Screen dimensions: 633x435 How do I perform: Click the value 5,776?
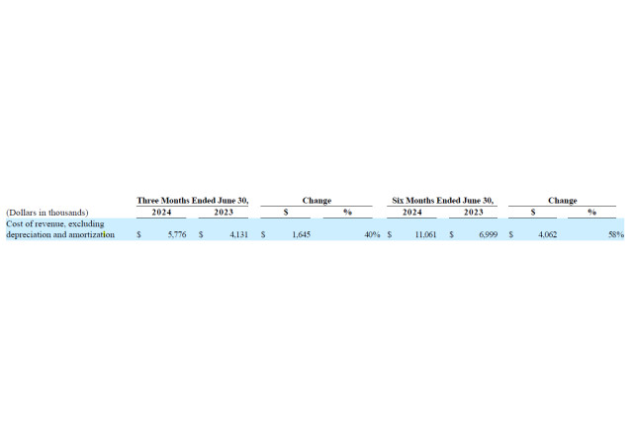(177, 234)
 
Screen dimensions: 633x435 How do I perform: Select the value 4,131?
(239, 234)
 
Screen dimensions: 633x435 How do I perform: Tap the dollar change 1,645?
(301, 234)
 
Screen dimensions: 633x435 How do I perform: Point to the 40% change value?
(372, 234)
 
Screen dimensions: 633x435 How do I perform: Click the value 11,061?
(426, 234)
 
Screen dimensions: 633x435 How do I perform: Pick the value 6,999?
(488, 234)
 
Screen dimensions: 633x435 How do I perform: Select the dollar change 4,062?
(547, 234)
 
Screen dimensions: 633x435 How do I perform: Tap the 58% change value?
(616, 234)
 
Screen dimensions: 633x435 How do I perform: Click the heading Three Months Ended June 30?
(193, 201)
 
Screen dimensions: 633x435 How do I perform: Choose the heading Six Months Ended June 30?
(442, 201)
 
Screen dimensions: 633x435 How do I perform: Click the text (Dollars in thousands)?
(47, 213)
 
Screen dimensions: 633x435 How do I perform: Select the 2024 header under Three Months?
(161, 213)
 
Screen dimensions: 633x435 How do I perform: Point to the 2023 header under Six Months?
(474, 213)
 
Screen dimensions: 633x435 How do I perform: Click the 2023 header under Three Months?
(224, 213)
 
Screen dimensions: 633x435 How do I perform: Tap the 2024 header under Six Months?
(412, 213)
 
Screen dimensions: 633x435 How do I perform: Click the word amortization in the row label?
(92, 234)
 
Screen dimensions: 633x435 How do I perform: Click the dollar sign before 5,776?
(138, 234)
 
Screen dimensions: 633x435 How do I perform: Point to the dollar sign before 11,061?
(390, 234)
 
